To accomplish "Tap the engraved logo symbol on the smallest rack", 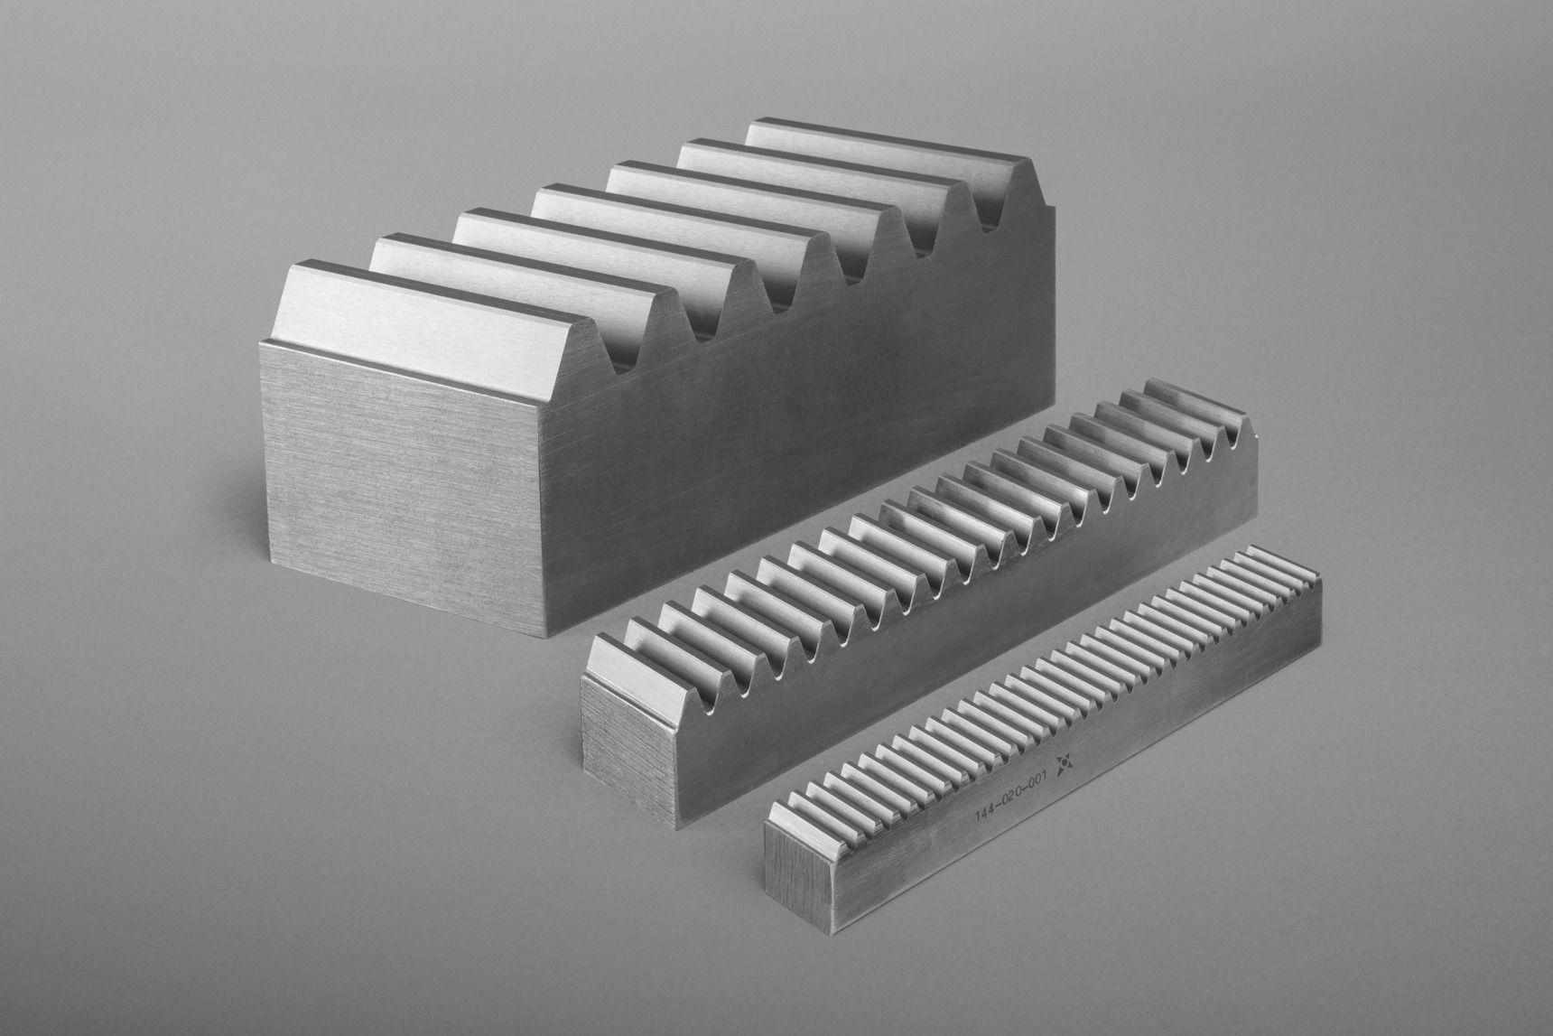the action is [x=1066, y=766].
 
